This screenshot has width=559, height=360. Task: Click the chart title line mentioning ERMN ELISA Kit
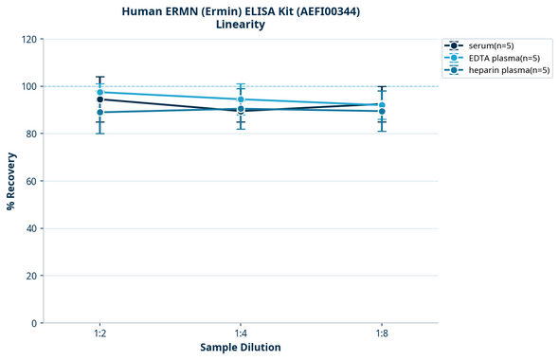pos(241,10)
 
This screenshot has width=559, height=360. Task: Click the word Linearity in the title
pos(241,25)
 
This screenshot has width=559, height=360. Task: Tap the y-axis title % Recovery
pos(11,181)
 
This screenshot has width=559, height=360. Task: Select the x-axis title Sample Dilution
pos(241,348)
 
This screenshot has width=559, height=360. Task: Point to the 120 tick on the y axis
pos(28,39)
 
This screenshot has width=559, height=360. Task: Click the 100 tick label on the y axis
pos(28,86)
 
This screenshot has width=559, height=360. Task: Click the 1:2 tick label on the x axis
pos(99,333)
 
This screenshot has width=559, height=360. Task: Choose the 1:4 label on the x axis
pos(241,333)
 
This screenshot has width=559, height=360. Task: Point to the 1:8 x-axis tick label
pos(382,333)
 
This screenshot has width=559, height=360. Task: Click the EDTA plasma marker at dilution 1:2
pos(99,92)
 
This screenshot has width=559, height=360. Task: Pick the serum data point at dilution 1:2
pos(99,99)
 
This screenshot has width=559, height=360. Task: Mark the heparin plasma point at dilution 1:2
pos(99,113)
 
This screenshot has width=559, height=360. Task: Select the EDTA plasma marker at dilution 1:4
pos(241,99)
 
